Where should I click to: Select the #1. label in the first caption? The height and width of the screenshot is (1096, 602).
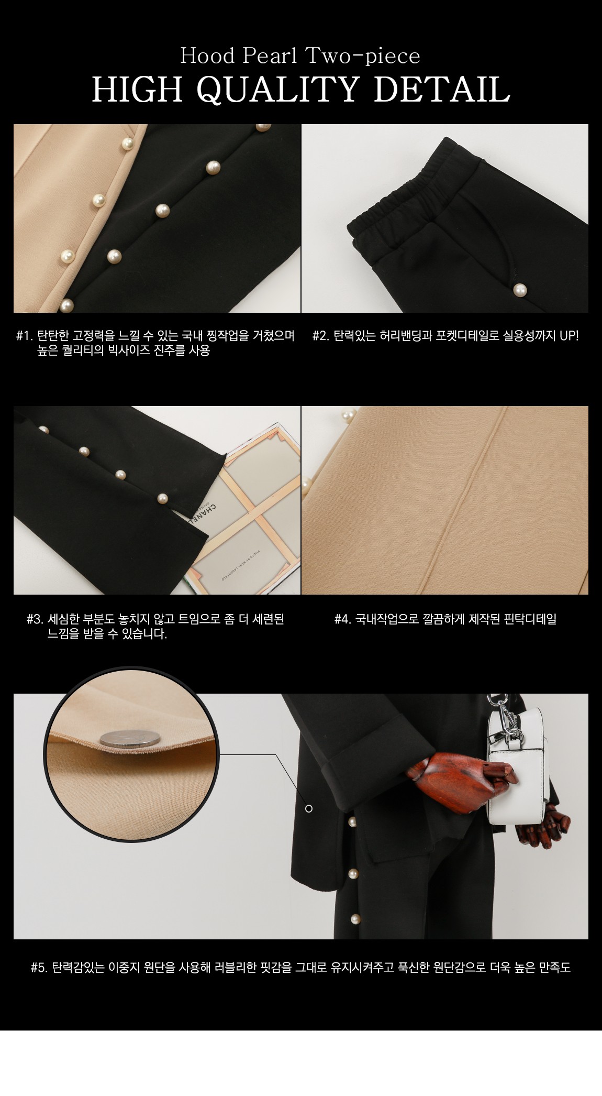click(25, 336)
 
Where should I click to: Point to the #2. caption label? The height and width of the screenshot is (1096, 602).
click(321, 336)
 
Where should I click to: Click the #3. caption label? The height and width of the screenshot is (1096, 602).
click(35, 619)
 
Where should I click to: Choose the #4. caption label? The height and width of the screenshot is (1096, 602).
click(343, 619)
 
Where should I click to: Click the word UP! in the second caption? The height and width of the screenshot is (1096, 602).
click(568, 336)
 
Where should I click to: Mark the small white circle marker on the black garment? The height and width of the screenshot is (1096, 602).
click(309, 809)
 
